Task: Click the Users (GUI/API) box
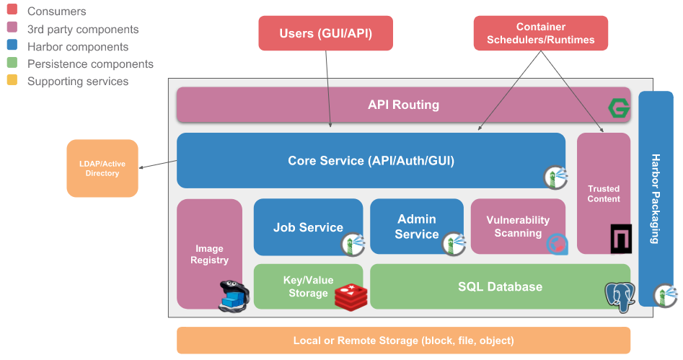(325, 33)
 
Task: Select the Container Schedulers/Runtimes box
(540, 33)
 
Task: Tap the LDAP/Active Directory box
(102, 168)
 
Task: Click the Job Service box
(308, 227)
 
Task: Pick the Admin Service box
(416, 227)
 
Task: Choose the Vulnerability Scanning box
(517, 227)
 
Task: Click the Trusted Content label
(603, 193)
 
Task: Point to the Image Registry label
(209, 254)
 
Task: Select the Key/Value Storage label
(308, 286)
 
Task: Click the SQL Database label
(499, 286)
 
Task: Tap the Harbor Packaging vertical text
(656, 198)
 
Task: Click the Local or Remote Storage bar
(403, 341)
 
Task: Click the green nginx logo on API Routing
(618, 108)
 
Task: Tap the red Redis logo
(351, 296)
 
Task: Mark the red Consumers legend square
(12, 11)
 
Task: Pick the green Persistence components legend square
(12, 63)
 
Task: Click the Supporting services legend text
(78, 82)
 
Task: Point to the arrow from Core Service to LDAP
(158, 164)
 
